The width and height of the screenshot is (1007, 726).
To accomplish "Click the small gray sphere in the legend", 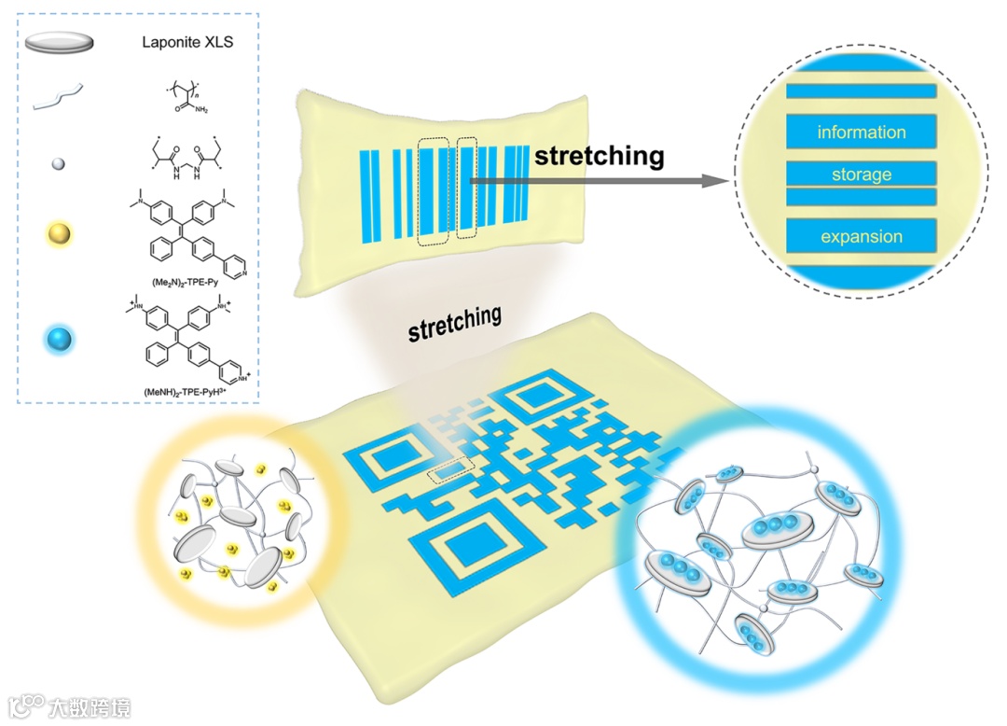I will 58,163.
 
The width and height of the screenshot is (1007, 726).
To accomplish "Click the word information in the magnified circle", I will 861,133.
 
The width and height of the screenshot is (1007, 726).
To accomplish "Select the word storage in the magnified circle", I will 861,175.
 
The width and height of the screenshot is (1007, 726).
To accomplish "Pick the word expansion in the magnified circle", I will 861,237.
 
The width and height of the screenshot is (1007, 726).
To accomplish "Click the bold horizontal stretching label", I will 599,155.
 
